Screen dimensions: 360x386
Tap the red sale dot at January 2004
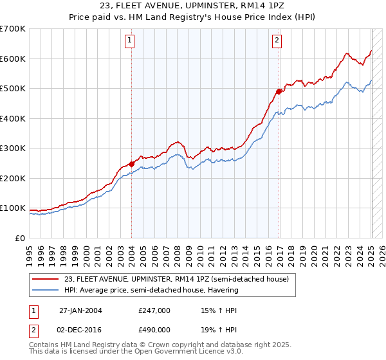[x=131, y=164]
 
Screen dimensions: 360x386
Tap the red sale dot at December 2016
[x=279, y=91]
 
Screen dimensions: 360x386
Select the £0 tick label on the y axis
[x=21, y=238]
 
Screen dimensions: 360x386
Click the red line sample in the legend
[x=46, y=279]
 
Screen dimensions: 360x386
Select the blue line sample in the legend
[x=46, y=290]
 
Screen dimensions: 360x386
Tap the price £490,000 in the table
[x=154, y=329]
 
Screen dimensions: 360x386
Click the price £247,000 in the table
[x=154, y=310]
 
